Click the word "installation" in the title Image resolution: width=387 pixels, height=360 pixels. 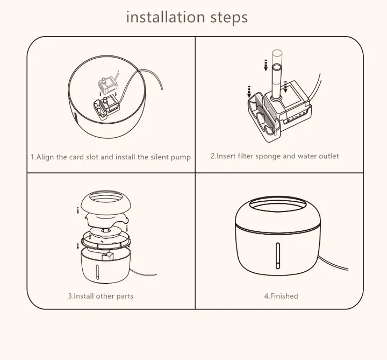pos(166,17)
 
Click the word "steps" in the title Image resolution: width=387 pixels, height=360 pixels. pos(229,18)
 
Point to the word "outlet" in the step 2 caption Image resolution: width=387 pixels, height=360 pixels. pos(329,156)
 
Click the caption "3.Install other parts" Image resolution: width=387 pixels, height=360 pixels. pos(101,296)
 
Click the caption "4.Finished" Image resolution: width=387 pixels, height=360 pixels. pos(281,296)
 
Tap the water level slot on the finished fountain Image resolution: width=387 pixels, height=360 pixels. pos(278,256)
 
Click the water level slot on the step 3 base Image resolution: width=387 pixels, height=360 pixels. pos(97,272)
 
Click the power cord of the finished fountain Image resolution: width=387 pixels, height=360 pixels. pos(333,263)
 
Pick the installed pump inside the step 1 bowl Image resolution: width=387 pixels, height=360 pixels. pos(106,108)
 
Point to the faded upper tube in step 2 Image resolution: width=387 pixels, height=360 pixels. pos(277,57)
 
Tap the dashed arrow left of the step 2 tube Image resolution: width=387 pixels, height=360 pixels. pos(266,65)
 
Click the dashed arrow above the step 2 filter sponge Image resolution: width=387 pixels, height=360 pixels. pos(249,91)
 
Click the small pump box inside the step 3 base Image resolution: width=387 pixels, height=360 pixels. pos(107,256)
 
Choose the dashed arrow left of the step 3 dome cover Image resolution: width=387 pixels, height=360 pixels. pos(78,210)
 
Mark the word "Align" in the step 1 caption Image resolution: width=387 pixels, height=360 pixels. pos(45,157)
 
